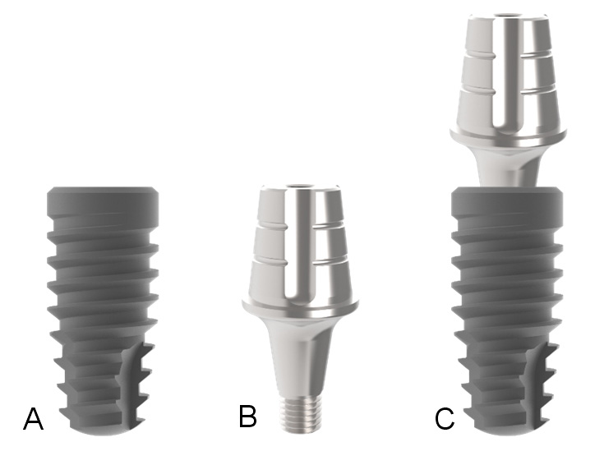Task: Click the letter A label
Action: point(34,418)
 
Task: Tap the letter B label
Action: point(248,416)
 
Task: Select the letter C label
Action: point(445,419)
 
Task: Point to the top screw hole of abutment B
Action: point(300,186)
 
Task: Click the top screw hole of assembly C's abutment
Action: point(508,16)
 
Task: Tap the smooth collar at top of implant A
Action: point(103,202)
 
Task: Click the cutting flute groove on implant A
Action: point(130,383)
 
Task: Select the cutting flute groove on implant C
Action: point(534,383)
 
